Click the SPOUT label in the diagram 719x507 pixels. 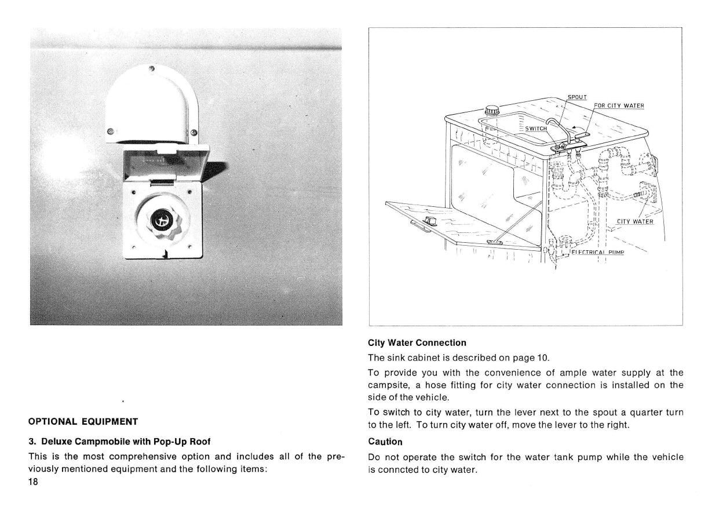click(x=576, y=97)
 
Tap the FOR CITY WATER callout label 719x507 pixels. click(x=619, y=105)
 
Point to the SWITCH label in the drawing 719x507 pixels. click(x=536, y=129)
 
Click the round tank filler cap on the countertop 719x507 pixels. click(x=492, y=110)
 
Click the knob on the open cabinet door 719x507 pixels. click(x=430, y=220)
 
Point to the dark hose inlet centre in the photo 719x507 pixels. click(x=160, y=221)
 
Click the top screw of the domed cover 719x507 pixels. click(x=152, y=69)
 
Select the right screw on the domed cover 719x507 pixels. click(x=194, y=133)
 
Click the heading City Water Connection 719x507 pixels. click(x=417, y=343)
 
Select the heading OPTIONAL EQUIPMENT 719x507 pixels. click(x=83, y=421)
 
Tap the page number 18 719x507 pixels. click(x=33, y=482)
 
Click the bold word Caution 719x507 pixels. click(x=385, y=442)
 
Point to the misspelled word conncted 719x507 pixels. click(x=400, y=469)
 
